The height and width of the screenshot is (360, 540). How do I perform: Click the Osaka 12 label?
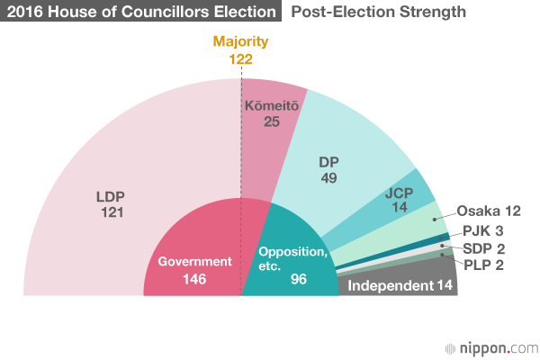pyautogui.click(x=490, y=211)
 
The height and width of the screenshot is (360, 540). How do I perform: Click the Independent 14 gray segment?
pyautogui.click(x=396, y=286)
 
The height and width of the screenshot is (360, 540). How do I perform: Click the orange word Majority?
pyautogui.click(x=240, y=41)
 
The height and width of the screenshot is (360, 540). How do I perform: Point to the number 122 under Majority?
pyautogui.click(x=240, y=58)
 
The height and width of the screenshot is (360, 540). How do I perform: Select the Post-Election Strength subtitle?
pyautogui.click(x=378, y=12)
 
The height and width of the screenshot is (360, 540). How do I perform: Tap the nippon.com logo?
pyautogui.click(x=487, y=346)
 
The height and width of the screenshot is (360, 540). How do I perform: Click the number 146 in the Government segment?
pyautogui.click(x=194, y=279)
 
